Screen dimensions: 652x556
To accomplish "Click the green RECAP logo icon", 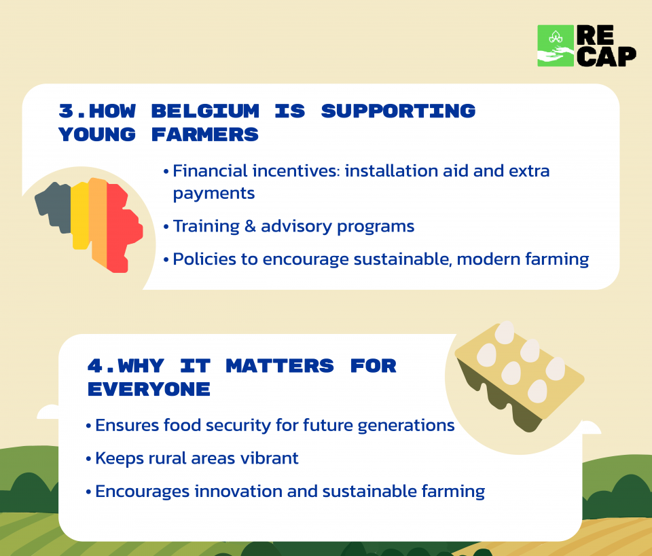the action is point(556,45).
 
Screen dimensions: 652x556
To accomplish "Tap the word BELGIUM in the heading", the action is point(205,111).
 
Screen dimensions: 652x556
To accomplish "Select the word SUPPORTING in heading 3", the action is point(399,111).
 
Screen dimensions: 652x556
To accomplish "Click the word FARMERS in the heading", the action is point(205,134).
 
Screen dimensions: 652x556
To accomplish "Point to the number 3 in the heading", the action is point(67,111).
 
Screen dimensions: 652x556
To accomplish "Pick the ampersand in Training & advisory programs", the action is point(250,227).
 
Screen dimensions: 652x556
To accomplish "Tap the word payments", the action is point(214,193).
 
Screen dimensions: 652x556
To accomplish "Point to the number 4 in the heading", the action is point(95,366).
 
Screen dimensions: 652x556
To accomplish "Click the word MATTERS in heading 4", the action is point(280,366).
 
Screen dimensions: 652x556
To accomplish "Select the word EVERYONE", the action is point(149,390).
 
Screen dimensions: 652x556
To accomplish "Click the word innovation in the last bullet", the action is point(238,492).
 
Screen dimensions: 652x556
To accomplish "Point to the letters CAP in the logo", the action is point(606,56).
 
